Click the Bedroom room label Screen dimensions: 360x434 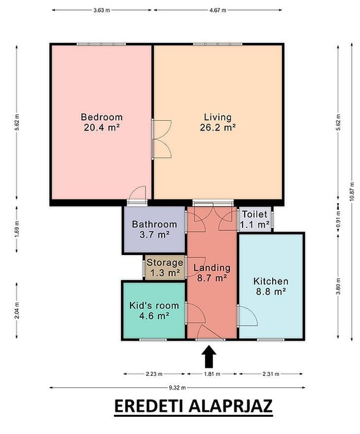102,117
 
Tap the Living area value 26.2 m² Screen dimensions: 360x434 218,128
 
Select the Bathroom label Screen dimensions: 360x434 154,224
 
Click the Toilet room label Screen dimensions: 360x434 254,214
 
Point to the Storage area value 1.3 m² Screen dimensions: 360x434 165,273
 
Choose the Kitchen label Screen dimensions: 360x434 271,281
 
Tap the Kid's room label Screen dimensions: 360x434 154,306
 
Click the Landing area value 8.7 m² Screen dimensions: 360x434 212,278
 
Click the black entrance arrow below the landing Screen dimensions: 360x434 209,356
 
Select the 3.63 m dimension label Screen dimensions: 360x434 102,10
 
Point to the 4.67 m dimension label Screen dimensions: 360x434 218,10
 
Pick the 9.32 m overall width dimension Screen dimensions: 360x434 177,388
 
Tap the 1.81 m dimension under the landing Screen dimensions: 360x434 212,374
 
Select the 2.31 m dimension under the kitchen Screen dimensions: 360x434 271,374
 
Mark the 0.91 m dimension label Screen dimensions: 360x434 338,219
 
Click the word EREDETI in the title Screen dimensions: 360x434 149,406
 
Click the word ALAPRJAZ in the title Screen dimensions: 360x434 231,406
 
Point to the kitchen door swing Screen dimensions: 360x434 248,316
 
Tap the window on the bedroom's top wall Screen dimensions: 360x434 101,44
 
